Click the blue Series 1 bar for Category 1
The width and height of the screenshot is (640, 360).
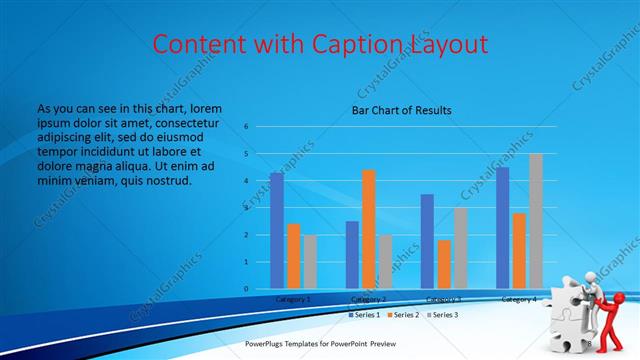click(x=276, y=231)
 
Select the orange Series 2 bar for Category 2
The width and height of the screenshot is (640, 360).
click(x=368, y=229)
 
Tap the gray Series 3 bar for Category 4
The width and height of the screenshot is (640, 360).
click(x=535, y=221)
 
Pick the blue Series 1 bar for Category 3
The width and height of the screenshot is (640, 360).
click(x=427, y=241)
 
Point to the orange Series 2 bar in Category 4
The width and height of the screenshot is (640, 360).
click(x=518, y=251)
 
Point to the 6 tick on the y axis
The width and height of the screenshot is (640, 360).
click(x=245, y=127)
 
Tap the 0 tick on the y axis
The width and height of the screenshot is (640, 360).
click(x=245, y=289)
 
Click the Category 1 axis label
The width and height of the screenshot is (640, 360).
click(x=293, y=299)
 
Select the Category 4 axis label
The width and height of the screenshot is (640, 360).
click(x=518, y=299)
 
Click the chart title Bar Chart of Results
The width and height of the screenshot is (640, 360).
click(x=401, y=110)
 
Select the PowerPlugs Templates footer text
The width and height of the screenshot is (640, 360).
click(x=329, y=344)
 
